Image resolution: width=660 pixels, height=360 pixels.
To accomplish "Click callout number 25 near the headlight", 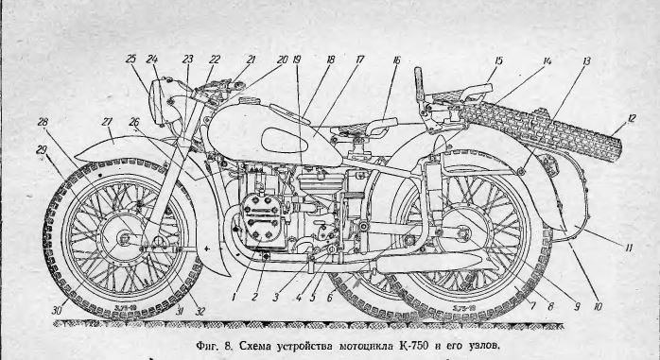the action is (130, 59).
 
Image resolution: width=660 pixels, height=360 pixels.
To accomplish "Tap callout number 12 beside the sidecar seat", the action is (631, 119).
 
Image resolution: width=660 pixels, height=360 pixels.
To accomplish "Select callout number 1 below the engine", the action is (234, 297).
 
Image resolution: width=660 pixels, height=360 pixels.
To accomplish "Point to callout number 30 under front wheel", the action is (57, 310).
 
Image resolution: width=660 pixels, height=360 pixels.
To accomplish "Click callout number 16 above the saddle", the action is (396, 60).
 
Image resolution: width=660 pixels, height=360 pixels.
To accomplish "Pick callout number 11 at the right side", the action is (629, 248).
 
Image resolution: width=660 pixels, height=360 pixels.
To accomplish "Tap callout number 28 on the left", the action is (43, 122).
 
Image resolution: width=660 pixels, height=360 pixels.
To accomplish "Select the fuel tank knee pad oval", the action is (284, 141).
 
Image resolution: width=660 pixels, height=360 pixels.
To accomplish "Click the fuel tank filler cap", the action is (248, 101).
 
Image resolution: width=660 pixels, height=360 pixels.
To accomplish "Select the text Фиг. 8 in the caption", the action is (215, 346).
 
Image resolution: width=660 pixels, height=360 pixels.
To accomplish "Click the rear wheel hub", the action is (464, 232).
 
